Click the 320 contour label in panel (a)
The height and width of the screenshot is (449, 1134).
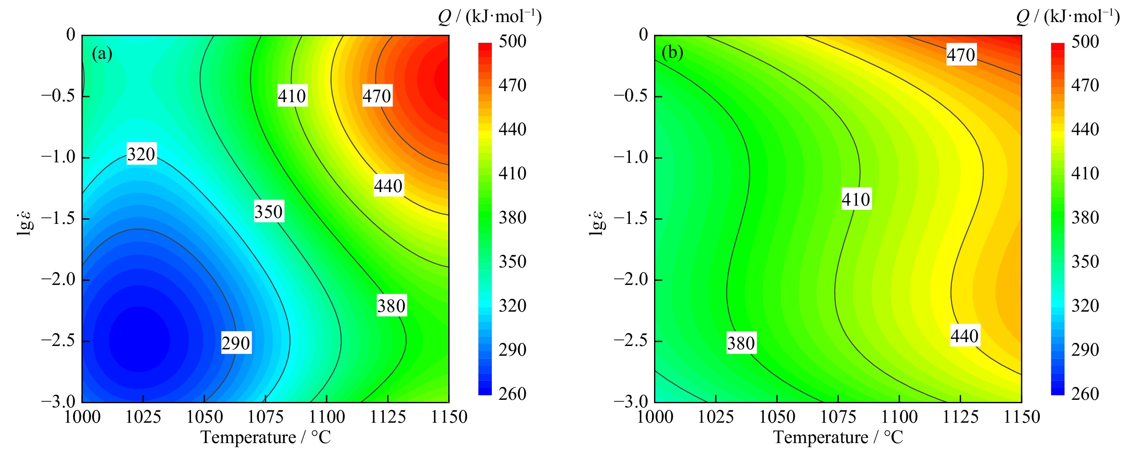[x=141, y=154]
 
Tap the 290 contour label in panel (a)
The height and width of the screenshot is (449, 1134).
[x=236, y=343]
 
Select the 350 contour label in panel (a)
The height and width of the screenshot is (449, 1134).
[x=269, y=212]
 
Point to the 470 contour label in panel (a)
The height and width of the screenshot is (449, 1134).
[x=377, y=96]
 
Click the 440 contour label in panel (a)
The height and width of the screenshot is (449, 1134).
[x=388, y=186]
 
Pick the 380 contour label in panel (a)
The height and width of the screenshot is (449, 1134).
[x=391, y=306]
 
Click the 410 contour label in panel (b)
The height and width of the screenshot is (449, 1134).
[x=856, y=199]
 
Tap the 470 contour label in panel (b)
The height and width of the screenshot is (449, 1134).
[x=961, y=55]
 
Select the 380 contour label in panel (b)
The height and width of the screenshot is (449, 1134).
[x=741, y=343]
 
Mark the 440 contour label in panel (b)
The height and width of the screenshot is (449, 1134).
[x=965, y=336]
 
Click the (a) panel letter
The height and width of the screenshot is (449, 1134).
[x=102, y=54]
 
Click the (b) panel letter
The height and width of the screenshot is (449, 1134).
[x=672, y=53]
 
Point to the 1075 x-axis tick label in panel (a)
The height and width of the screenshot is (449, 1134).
[x=266, y=417]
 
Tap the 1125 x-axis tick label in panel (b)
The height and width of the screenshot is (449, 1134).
[x=960, y=417]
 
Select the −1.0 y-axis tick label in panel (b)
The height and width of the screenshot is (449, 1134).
[x=631, y=157]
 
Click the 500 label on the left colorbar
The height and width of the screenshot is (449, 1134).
[x=513, y=42]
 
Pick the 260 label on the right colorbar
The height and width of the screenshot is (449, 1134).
[x=1085, y=393]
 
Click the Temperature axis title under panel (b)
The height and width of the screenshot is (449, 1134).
[x=838, y=437]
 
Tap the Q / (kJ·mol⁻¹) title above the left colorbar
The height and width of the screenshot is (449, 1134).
[x=490, y=17]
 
